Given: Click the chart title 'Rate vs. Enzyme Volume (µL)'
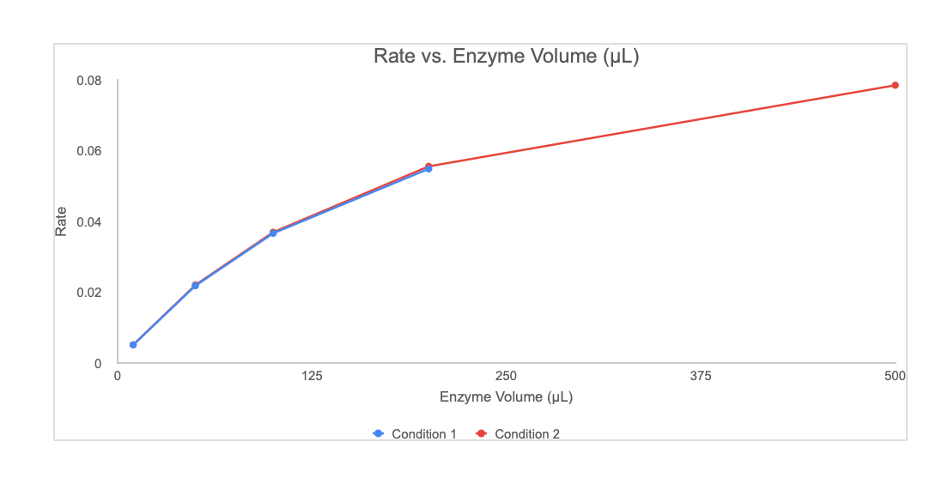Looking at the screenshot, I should [x=507, y=57].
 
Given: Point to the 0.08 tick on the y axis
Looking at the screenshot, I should [x=90, y=81].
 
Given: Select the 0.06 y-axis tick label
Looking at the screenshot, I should [x=90, y=151].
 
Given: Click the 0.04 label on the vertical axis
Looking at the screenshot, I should [x=90, y=222].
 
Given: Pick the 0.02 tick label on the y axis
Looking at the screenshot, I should [x=90, y=293].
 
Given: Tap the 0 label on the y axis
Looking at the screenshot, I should [x=98, y=363].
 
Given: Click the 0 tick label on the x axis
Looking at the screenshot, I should [x=118, y=376].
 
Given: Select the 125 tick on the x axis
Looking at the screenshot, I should [x=312, y=376].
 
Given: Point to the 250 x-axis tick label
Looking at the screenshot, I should [x=507, y=376].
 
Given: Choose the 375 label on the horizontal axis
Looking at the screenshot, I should [x=701, y=376].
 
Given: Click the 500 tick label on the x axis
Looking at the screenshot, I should [x=895, y=376].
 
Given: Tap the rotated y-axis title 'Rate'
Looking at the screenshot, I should [x=61, y=222].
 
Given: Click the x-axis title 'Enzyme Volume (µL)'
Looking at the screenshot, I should [x=506, y=397].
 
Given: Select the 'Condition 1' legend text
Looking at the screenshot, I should [x=424, y=434].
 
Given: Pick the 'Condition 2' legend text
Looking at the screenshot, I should [x=527, y=434].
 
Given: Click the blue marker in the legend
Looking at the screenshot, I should [x=378, y=434].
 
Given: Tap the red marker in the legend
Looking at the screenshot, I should [x=481, y=434].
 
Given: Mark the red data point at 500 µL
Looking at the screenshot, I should [x=895, y=85].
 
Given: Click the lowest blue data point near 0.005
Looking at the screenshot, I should [x=133, y=345].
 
